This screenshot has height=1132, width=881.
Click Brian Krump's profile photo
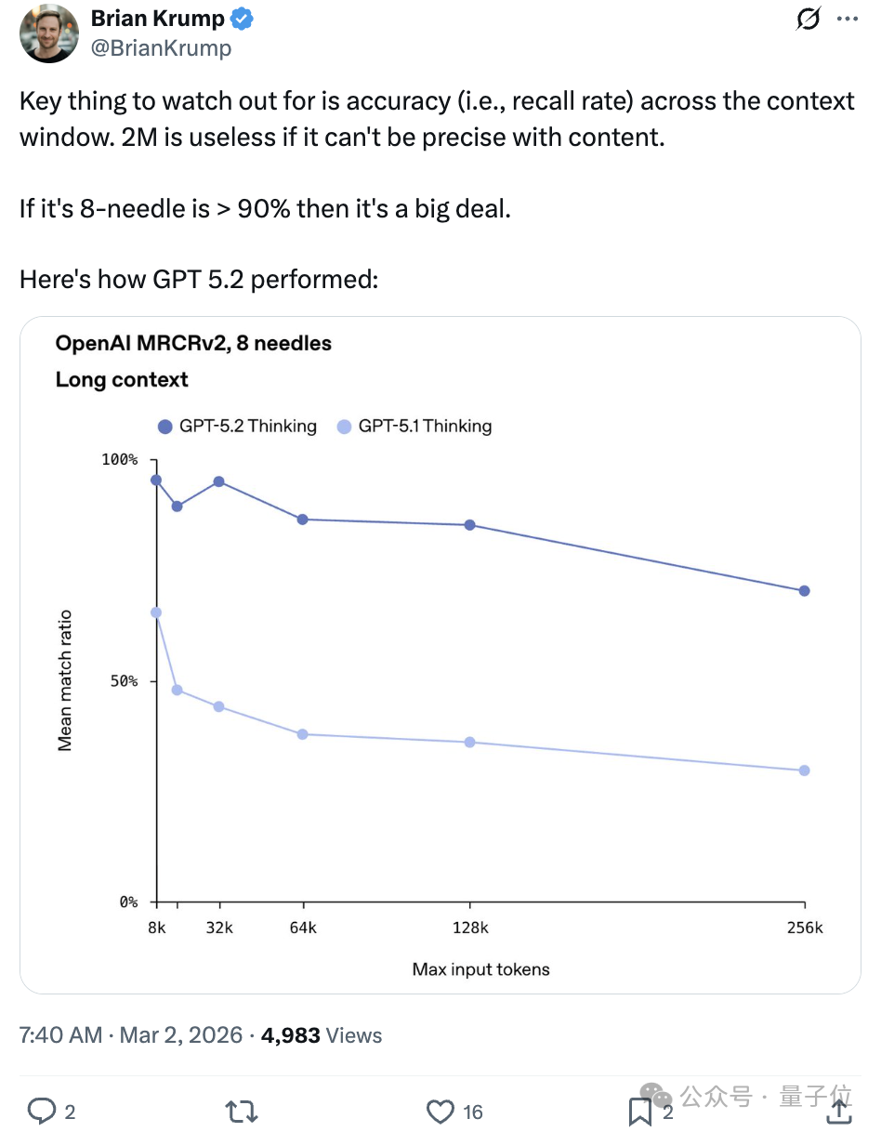point(49,33)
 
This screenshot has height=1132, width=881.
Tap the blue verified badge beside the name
point(243,19)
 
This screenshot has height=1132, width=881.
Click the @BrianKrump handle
point(161,48)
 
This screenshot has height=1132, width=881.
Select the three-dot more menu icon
point(847,19)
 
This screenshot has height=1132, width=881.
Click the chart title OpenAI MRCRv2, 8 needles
point(193,344)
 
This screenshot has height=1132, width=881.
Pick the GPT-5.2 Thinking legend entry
point(237,427)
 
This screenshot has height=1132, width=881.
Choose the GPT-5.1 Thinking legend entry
point(414,427)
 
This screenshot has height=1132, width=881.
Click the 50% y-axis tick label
point(124,681)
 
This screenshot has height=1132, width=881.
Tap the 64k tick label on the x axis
point(302,928)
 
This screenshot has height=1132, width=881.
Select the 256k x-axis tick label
point(804,928)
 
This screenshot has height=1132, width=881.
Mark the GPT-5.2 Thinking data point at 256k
point(804,591)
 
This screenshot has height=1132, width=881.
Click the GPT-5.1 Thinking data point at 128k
point(470,743)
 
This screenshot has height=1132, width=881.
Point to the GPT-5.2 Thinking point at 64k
point(302,520)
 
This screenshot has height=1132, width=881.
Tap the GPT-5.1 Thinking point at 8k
point(156,612)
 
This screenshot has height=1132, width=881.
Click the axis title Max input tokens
point(480,969)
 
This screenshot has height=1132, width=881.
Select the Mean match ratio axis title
point(65,680)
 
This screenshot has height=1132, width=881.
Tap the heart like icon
point(440,1112)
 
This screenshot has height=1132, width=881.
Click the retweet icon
point(242,1112)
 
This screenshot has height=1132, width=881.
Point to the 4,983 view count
point(291,1035)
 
